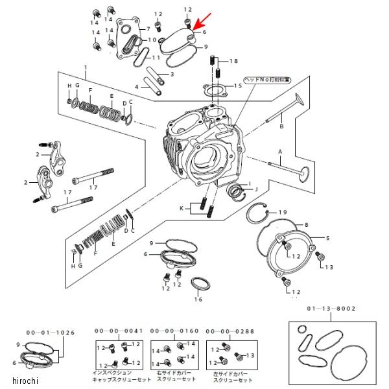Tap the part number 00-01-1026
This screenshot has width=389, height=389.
[47, 332]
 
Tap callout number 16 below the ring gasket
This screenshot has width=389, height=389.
[198, 300]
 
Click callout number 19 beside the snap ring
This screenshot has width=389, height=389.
[283, 213]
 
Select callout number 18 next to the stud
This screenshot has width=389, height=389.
[233, 61]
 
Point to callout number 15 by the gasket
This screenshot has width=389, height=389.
[238, 86]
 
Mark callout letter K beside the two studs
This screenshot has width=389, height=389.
[183, 208]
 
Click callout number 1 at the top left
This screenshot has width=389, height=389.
[85, 68]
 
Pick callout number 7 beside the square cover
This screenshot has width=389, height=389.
[148, 29]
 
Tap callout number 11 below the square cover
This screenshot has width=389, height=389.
[156, 58]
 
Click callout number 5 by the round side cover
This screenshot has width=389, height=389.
[327, 238]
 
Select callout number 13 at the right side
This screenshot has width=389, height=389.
[329, 267]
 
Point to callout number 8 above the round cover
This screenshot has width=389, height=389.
[307, 224]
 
